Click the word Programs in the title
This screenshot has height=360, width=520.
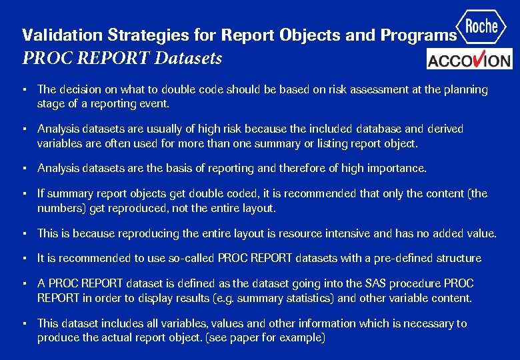tap(419, 35)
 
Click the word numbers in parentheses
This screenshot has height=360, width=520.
tap(60, 208)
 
